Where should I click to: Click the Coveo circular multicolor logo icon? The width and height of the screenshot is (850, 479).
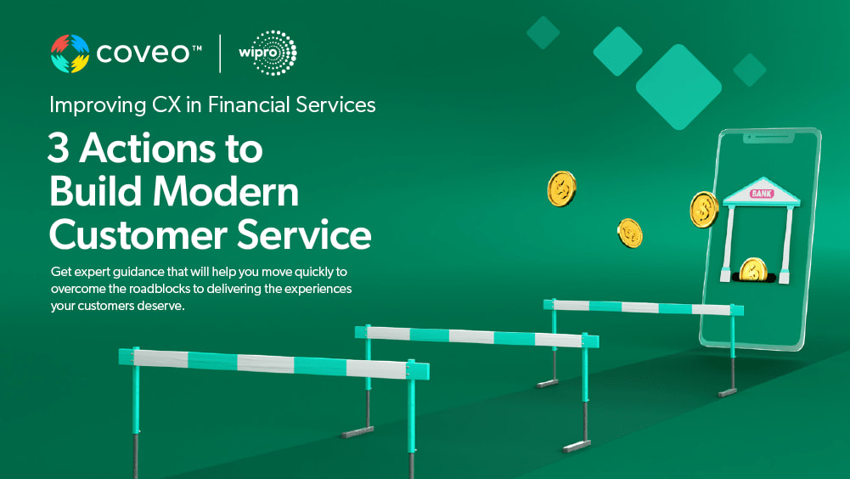coord(70,54)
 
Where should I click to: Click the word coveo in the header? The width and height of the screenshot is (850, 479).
coord(144,54)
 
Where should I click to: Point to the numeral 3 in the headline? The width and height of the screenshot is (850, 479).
coord(58,148)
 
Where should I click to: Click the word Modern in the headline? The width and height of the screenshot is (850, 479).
coord(226,191)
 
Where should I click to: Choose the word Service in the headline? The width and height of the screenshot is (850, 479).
coord(304,235)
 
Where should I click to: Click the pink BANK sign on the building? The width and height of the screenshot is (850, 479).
coord(761,193)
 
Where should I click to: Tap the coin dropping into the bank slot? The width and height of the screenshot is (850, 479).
coord(753,269)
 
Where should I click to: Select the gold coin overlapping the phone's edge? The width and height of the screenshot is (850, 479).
coord(704,210)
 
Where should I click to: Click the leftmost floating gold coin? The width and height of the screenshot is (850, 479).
coord(561,189)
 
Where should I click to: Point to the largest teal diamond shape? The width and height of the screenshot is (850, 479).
coord(678,87)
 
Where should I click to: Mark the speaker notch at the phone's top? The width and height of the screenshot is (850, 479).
coord(768,139)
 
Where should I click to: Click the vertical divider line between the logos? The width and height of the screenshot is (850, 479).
coord(220,54)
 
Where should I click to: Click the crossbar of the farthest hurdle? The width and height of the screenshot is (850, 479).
coord(644,307)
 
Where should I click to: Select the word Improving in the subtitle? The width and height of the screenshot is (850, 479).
coord(98,105)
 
